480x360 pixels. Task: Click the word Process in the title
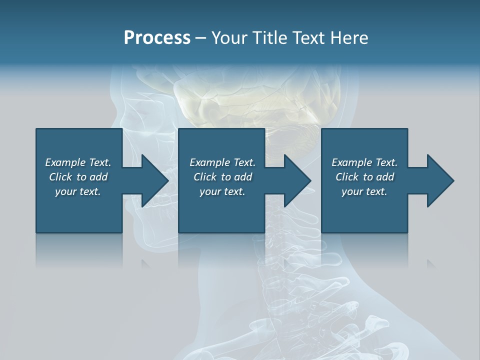157,38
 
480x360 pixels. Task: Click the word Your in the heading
228,38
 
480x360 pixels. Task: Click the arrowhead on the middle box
296,180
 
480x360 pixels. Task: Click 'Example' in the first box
65,162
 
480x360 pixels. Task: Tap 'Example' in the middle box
209,162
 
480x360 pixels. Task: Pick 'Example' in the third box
351,162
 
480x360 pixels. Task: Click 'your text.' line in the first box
78,191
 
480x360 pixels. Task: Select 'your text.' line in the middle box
222,191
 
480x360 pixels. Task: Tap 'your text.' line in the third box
364,191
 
